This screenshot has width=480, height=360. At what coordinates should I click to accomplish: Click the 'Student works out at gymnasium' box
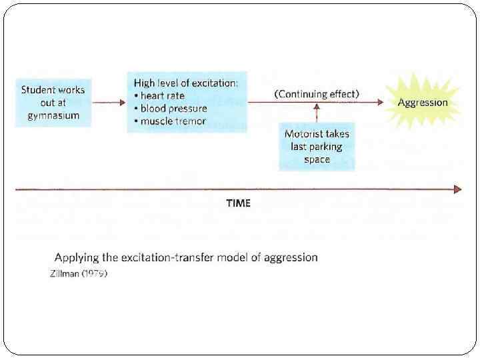(x=53, y=102)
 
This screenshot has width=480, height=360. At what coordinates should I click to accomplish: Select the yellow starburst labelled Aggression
(x=423, y=103)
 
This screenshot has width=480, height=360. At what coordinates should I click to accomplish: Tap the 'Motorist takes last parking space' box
(x=317, y=147)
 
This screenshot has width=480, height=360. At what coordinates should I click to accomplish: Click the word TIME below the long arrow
(x=238, y=203)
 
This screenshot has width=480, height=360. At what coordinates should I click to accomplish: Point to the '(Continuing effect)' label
(x=317, y=94)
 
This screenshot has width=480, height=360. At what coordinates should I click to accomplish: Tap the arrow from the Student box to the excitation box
(x=108, y=103)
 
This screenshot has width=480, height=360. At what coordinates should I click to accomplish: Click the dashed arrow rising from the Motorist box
(x=317, y=114)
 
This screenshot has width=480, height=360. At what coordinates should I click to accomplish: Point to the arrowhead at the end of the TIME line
(x=457, y=189)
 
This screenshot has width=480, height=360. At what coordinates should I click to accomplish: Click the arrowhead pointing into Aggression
(x=379, y=103)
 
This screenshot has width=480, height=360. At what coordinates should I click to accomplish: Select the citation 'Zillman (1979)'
(x=79, y=274)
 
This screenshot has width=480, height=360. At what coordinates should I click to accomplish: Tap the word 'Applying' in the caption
(x=77, y=257)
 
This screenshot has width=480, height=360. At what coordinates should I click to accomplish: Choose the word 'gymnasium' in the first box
(x=54, y=115)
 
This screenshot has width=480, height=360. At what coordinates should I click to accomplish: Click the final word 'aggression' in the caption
(x=289, y=257)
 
